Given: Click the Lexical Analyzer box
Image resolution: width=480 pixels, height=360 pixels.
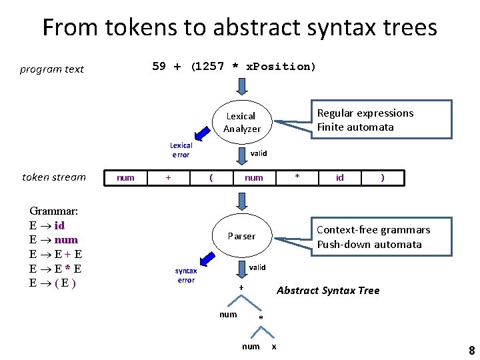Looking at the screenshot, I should coord(241,122).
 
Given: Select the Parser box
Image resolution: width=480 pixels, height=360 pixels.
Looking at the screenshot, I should coord(241,236).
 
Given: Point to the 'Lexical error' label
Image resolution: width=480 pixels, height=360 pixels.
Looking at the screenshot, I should coord(181,150).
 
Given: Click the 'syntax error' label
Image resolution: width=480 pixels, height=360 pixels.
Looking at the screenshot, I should coord(186,275).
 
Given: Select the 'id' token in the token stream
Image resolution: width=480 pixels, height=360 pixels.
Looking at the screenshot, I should coord(340,177).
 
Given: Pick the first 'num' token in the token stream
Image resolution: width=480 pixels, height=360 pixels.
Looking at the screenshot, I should coord(125,177).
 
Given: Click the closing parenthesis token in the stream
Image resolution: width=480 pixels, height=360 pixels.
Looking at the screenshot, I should coord(382,177).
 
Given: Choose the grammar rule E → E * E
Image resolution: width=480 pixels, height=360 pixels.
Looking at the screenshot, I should coord(55,268).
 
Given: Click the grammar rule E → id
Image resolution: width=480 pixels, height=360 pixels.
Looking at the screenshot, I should coord(47,225).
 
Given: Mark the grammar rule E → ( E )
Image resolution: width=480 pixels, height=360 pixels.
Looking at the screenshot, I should coord(52,282).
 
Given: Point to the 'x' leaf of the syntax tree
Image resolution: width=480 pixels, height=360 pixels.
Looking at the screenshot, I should coord(274,346).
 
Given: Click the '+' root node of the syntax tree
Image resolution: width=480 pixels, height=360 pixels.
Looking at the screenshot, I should coord(241,288).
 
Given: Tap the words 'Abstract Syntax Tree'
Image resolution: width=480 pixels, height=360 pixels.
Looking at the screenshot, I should coord(327,290).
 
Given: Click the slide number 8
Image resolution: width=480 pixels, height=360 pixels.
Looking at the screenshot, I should coord(471,351).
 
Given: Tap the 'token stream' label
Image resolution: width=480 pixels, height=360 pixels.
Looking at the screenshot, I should coord(54,177).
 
